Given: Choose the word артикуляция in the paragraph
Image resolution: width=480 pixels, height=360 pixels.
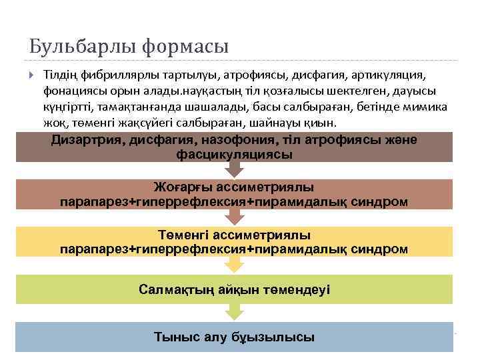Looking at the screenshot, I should [x=385, y=73].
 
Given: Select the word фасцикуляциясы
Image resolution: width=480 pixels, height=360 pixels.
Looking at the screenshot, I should [x=234, y=155].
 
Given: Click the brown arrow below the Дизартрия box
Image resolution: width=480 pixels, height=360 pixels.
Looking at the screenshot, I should [x=234, y=170].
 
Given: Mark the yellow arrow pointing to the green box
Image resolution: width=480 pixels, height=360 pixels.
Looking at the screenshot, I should [x=234, y=265].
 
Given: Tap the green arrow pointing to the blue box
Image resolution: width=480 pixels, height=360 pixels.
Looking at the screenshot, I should [x=234, y=312].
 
